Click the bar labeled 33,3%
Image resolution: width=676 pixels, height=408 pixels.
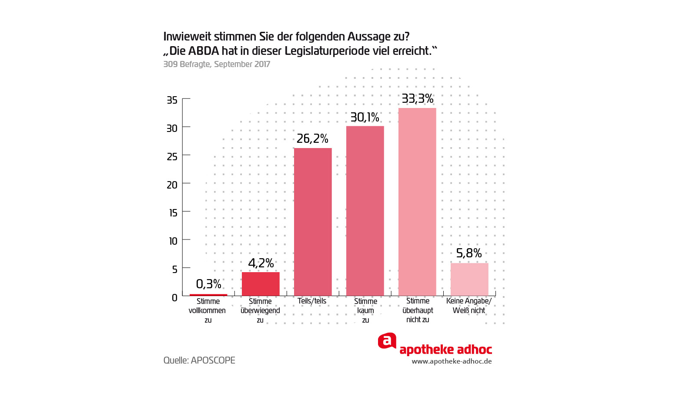pos(417,202)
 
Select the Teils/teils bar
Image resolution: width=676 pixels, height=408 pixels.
pos(313,222)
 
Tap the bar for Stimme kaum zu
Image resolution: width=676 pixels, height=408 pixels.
pos(365,211)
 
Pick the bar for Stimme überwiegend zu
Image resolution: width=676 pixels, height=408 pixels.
pos(261,284)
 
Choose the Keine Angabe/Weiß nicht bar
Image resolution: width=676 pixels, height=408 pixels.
pos(469,279)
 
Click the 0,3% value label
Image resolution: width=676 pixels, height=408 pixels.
pos(209,284)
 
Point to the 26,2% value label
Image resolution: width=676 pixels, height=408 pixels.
pos(312,139)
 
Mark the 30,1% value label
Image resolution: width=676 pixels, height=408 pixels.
pos(365,118)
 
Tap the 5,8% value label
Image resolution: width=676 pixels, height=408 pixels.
pos(469,253)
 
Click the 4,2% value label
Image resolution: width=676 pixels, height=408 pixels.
pos(261,263)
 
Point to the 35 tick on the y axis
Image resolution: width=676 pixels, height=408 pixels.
pos(172,100)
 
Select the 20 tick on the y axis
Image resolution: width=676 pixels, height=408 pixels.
pos(172,185)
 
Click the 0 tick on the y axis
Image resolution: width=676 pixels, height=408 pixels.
pos(174,298)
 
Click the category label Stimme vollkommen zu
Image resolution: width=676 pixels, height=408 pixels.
pos(208,310)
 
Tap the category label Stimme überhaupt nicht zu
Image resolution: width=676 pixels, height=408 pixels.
pos(418,310)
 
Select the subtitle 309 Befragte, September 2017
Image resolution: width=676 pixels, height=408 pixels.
pos(217,64)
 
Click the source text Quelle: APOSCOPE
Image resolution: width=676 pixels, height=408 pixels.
pos(199,361)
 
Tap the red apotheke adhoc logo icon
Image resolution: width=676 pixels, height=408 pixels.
pos(387,341)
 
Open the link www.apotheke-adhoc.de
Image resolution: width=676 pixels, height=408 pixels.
pos(452,361)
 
